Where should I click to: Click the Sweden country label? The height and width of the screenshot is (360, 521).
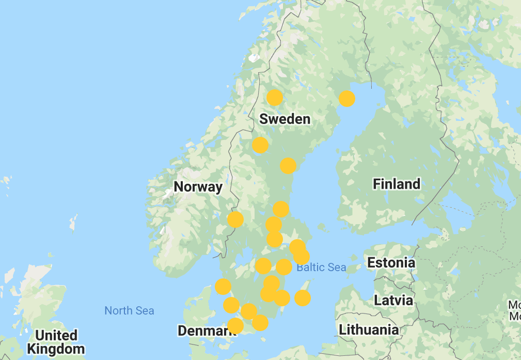tap(285, 119)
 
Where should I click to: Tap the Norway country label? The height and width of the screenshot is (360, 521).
tap(198, 187)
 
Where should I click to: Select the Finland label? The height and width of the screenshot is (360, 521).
tap(397, 184)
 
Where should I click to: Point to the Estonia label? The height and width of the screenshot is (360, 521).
tap(391, 262)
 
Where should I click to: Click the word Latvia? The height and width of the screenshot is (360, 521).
tap(393, 300)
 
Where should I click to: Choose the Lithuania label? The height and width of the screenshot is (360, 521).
tap(369, 330)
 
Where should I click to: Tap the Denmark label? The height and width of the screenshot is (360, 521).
tap(206, 331)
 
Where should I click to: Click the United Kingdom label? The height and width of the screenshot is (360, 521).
tap(56, 342)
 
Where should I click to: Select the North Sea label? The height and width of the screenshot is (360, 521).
tap(129, 310)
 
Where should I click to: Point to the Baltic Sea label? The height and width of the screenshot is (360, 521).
tap(321, 267)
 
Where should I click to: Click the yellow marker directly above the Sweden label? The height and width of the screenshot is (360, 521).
tap(275, 97)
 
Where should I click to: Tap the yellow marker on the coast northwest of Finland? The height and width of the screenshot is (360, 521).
tap(347, 98)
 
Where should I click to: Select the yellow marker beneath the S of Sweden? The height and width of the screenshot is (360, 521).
tap(260, 145)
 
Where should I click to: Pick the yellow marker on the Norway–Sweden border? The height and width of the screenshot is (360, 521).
tap(235, 220)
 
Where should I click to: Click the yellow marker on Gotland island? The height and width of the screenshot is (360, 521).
tap(303, 298)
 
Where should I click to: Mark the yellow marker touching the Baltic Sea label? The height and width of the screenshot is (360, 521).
tap(284, 267)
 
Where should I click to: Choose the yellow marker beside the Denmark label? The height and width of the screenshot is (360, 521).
tap(235, 326)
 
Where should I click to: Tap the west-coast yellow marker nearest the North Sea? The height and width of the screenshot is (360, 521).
tap(223, 287)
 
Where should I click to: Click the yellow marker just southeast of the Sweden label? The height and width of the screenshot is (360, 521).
tap(288, 166)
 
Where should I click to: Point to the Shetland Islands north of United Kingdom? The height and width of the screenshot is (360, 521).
tap(74, 223)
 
